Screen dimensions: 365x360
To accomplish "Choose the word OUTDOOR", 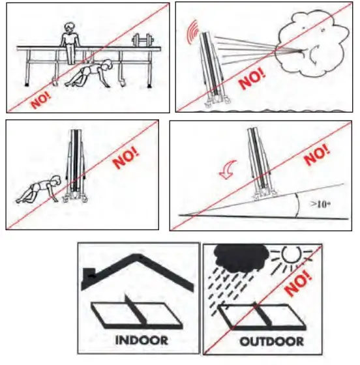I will pos(269,341).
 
